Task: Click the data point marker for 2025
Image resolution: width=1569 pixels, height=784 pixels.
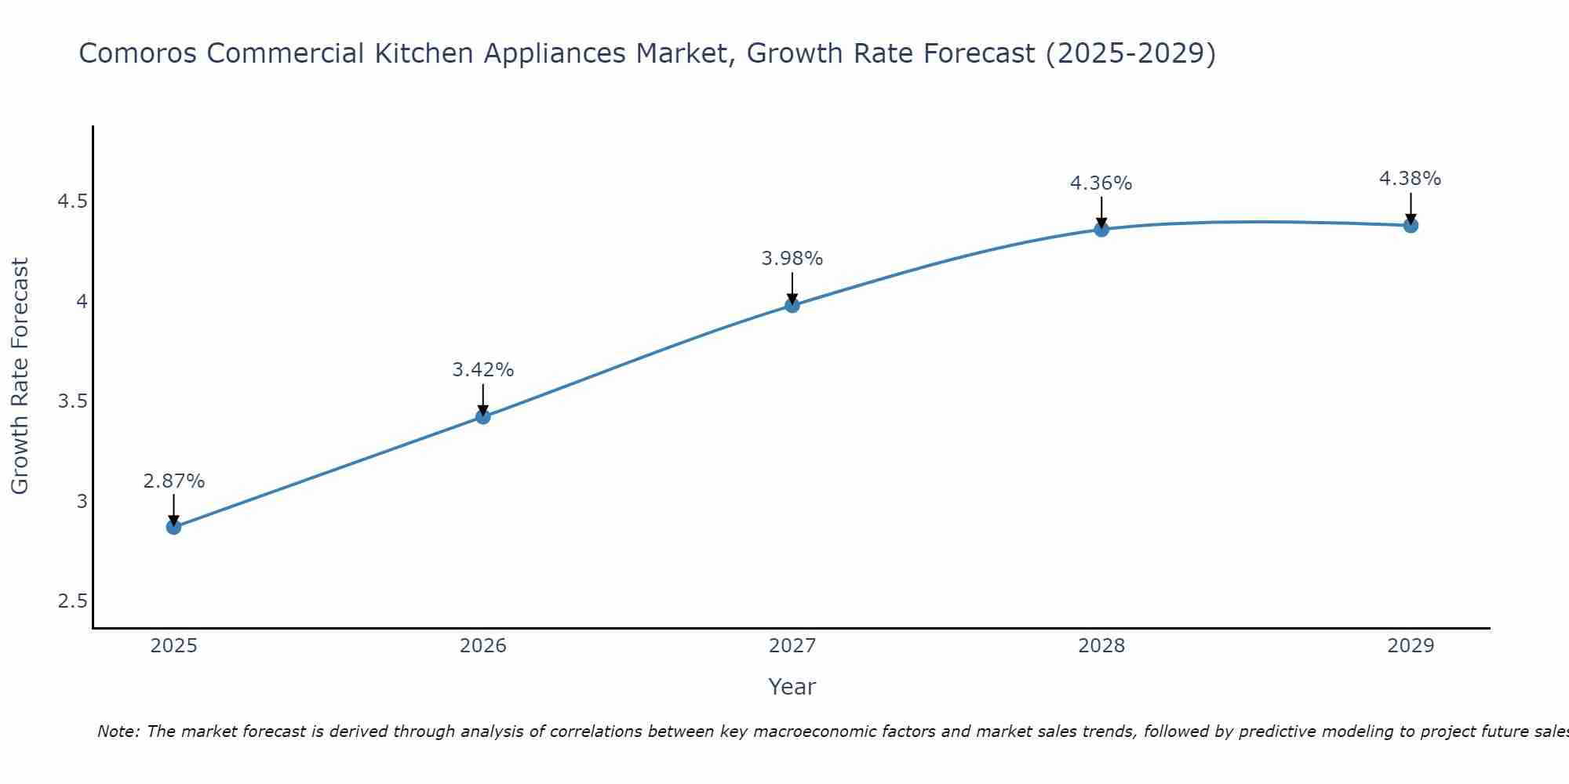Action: [x=174, y=527]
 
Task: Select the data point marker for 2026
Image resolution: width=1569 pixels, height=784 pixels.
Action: [x=483, y=416]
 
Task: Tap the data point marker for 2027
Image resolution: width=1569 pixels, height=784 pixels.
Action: [x=792, y=305]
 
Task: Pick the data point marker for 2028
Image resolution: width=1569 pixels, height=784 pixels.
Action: [x=1101, y=229]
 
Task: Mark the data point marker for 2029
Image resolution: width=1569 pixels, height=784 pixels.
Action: [x=1411, y=225]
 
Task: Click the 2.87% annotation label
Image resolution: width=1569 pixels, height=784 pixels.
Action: [x=174, y=481]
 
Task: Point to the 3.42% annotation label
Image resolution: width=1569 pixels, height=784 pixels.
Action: [x=483, y=369]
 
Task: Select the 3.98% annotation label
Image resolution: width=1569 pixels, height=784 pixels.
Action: [x=792, y=258]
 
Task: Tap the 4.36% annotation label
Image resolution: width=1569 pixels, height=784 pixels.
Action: [x=1101, y=183]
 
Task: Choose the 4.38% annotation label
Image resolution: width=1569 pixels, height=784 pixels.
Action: [x=1411, y=178]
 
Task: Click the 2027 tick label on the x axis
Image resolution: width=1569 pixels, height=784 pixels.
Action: [x=792, y=646]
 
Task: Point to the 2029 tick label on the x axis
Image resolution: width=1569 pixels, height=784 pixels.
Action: [x=1411, y=646]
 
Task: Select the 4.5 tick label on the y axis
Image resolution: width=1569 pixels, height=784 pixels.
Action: [x=72, y=201]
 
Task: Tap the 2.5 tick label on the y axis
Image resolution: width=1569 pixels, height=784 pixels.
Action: [x=72, y=601]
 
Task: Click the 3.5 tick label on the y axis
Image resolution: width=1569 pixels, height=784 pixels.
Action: [x=72, y=401]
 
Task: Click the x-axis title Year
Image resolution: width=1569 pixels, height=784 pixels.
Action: [x=792, y=687]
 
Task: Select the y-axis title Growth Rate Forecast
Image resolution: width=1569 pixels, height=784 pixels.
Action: [x=20, y=376]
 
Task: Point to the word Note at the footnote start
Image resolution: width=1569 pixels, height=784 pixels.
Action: [x=118, y=731]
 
